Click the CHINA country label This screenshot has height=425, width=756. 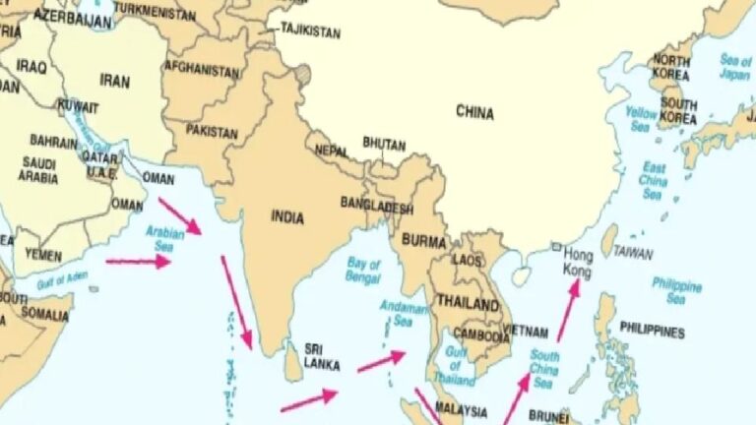pos(474,112)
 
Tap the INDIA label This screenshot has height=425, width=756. pos(287,217)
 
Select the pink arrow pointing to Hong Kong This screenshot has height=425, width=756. pos(568,310)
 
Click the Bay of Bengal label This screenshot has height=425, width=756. pos(363,271)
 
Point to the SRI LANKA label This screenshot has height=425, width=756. pos(322,357)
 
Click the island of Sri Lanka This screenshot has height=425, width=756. pos(291,361)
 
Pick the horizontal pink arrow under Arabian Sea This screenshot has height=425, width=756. pos(138,262)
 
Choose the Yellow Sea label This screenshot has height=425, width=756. pos(640,119)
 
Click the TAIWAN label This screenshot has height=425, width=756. pos(633,253)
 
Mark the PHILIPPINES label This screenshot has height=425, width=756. pos(652,332)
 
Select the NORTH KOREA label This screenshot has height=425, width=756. pos(673,67)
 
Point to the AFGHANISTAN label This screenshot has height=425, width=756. pos(202,71)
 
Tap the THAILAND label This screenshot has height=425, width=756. pos(468,304)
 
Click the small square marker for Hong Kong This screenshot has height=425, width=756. pos(556,247)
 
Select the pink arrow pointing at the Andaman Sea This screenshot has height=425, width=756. pos(381,361)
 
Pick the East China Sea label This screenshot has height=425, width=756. pos(653,182)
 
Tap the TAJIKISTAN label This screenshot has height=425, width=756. pos(310,32)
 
